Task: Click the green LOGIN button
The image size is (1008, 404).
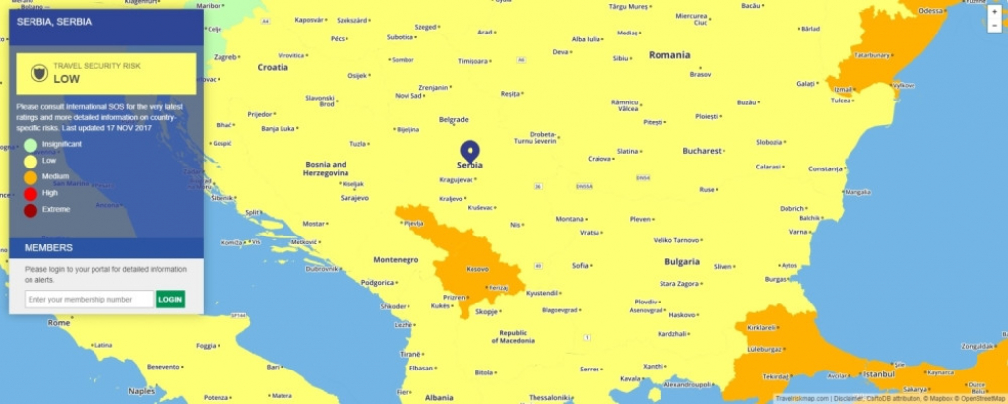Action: (170, 299)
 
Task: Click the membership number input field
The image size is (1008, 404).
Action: (89, 299)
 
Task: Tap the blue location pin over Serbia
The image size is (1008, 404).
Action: (470, 152)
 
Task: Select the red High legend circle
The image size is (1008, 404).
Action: (31, 192)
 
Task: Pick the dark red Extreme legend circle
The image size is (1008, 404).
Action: (31, 209)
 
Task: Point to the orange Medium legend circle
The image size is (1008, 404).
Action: (31, 176)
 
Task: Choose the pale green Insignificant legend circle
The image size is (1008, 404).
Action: (31, 144)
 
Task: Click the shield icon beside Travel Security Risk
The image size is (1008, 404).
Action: (38, 73)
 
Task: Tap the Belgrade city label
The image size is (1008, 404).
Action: (453, 120)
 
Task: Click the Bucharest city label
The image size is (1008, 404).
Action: (703, 151)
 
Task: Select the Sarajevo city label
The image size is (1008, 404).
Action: (353, 197)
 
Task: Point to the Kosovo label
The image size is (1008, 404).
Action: (476, 269)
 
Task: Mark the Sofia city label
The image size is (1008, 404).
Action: (580, 265)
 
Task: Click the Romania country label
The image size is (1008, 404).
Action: (669, 55)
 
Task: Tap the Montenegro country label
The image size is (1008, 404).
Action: (396, 259)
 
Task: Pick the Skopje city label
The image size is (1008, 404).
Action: (486, 311)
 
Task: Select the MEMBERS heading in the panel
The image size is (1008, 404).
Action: (48, 247)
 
